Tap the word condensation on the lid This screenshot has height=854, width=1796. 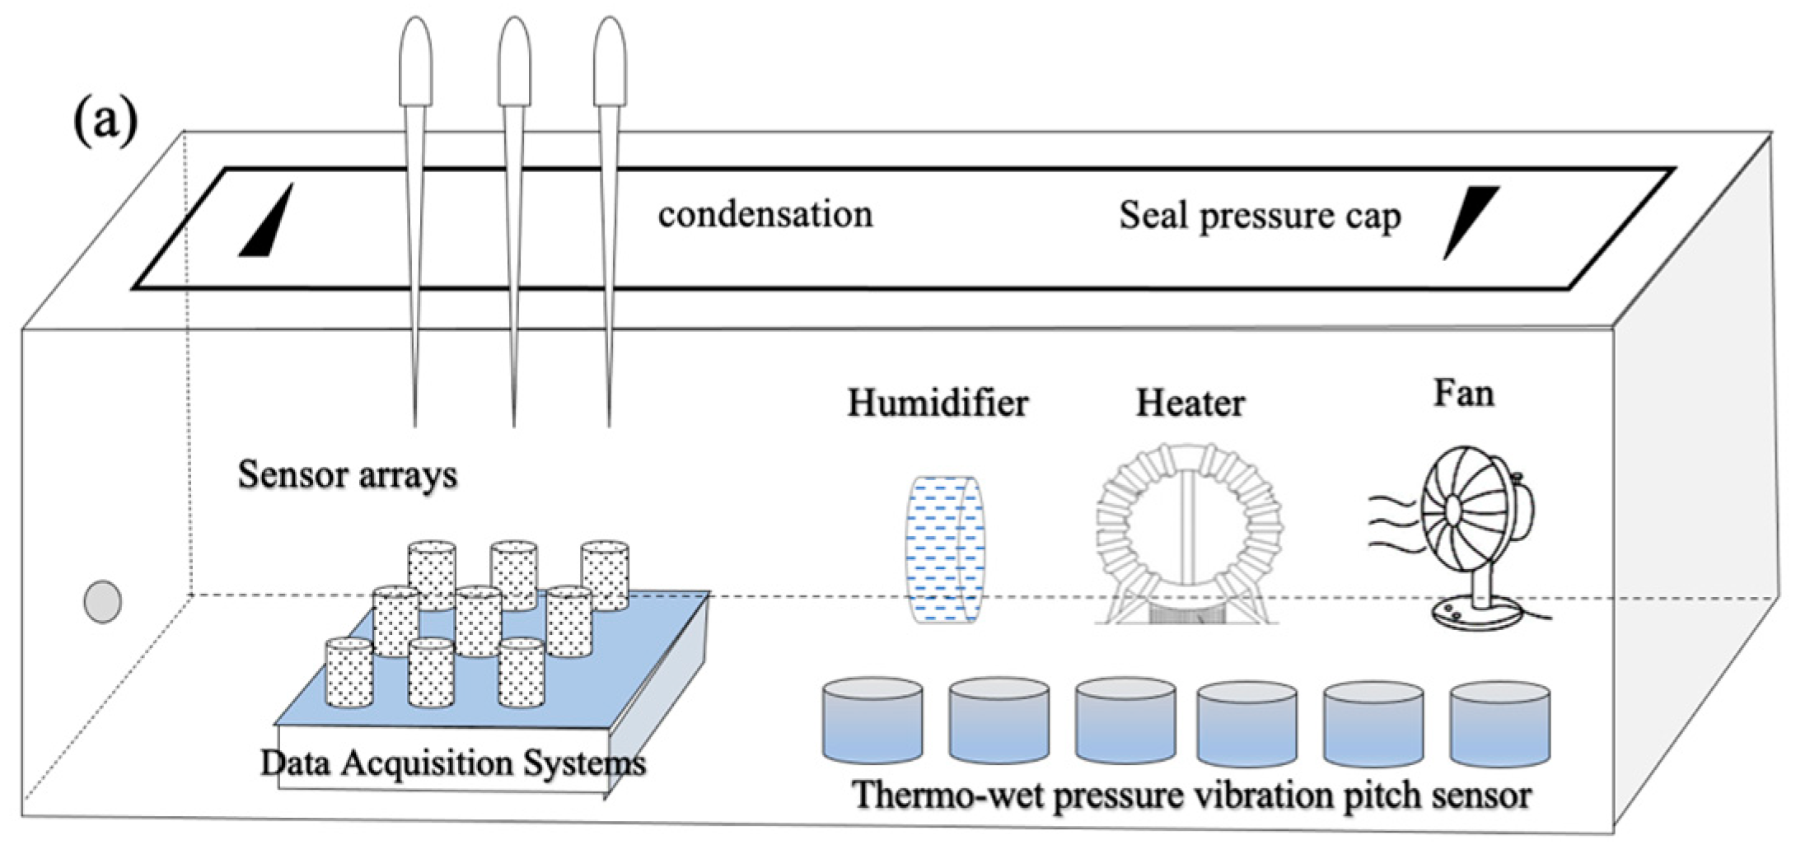[765, 214]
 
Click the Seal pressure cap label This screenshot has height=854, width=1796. [1259, 216]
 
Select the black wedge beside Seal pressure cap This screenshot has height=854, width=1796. [1469, 217]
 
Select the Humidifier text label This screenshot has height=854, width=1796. [938, 404]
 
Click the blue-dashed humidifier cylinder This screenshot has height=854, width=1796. [945, 548]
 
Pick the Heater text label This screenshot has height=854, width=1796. [1190, 404]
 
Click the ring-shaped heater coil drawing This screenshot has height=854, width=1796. [1188, 527]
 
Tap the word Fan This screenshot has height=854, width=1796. [1463, 393]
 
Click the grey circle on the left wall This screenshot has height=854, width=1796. [103, 602]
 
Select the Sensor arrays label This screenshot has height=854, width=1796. [347, 475]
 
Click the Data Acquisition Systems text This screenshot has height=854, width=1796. [452, 763]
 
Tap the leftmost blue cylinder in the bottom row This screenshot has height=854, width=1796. [872, 721]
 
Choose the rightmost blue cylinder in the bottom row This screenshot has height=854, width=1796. [1499, 723]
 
